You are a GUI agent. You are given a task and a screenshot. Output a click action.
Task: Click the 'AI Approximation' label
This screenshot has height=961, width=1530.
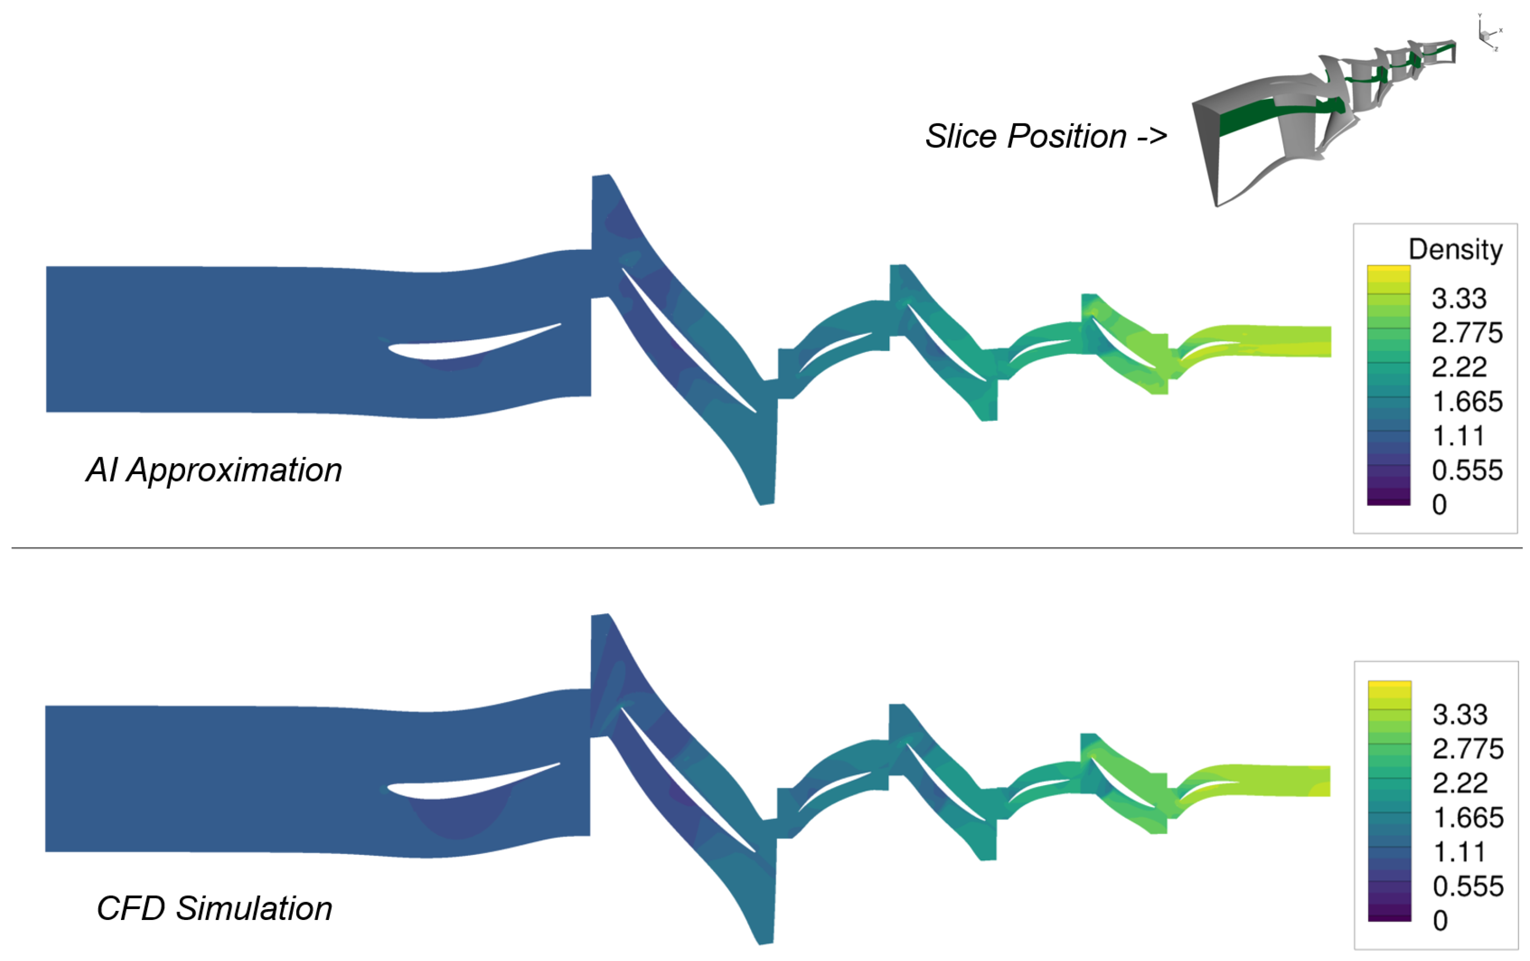[x=214, y=470]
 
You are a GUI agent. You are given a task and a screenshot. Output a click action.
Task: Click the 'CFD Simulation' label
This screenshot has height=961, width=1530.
[x=214, y=908]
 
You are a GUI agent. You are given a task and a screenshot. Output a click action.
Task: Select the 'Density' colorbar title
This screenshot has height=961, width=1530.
[x=1455, y=249]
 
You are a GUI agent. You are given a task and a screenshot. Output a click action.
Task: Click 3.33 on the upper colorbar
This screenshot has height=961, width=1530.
[x=1459, y=299]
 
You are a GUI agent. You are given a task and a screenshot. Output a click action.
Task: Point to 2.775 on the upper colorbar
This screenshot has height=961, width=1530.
[x=1466, y=333]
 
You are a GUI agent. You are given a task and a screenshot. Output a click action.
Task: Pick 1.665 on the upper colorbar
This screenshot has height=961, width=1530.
[x=1466, y=401]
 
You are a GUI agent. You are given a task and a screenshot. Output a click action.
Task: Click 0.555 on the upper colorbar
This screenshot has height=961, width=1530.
[x=1466, y=470]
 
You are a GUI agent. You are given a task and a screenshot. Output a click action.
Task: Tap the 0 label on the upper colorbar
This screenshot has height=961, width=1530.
[x=1439, y=505]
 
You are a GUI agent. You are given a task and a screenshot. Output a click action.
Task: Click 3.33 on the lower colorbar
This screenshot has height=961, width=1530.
[x=1460, y=715]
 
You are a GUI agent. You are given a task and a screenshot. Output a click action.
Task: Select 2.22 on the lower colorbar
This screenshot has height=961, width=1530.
[x=1460, y=784]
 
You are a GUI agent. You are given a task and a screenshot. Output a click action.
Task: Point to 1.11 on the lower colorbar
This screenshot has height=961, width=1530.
[x=1459, y=852]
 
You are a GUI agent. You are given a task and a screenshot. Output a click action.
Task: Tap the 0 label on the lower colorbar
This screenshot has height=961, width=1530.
[x=1441, y=921]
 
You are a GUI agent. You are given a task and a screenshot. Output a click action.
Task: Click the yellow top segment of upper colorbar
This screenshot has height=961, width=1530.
[x=1388, y=273]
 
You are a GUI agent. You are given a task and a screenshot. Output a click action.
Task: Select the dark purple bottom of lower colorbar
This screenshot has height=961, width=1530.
[x=1390, y=915]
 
